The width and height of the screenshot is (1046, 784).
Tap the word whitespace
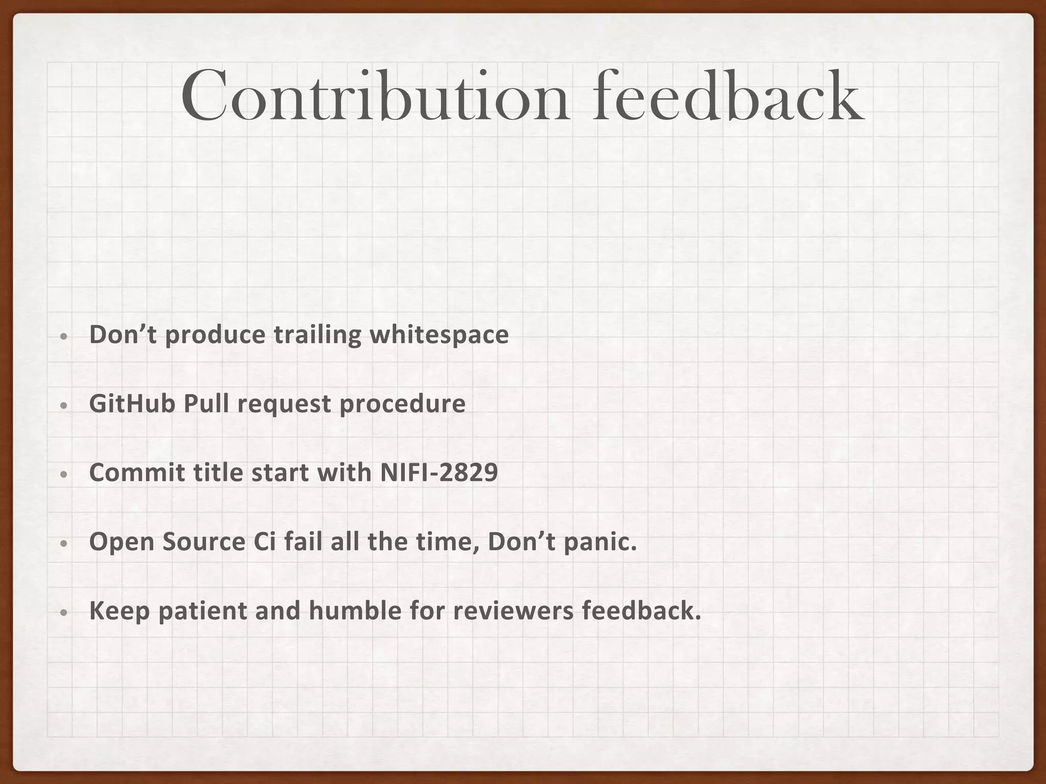[x=439, y=335]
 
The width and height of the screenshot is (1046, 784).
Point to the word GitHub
[x=132, y=404]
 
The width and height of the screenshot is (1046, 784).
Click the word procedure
[x=402, y=404]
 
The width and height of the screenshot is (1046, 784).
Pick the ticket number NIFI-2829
[x=439, y=473]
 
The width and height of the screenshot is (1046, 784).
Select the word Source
[x=204, y=542]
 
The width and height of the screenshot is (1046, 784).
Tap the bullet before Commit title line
[x=63, y=475]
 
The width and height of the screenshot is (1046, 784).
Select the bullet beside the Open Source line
[x=63, y=544]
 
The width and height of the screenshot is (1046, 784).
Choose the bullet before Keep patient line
[x=63, y=612]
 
